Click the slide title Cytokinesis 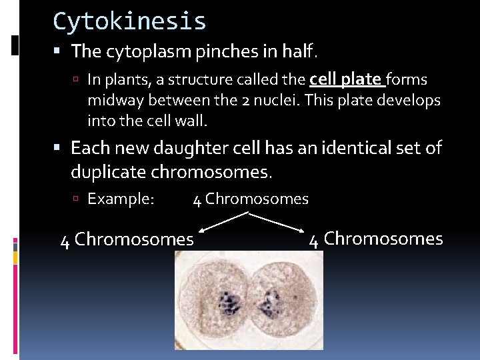129,21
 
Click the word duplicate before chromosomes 108,172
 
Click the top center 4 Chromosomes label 251,199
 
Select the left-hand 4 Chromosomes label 127,239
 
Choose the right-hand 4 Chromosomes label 376,239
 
